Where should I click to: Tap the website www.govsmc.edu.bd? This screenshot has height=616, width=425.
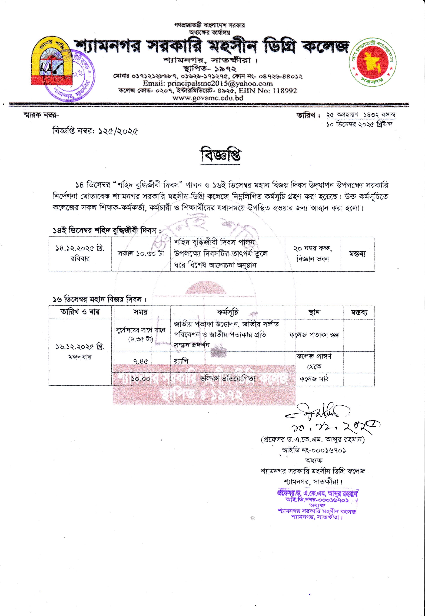pos(208,98)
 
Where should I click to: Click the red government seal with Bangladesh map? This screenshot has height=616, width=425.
pos(372,62)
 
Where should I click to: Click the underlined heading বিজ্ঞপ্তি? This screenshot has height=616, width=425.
pos(221,156)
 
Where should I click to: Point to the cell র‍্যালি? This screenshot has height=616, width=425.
pos(181,361)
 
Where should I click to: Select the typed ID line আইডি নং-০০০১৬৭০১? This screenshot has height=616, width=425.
pos(314,450)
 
